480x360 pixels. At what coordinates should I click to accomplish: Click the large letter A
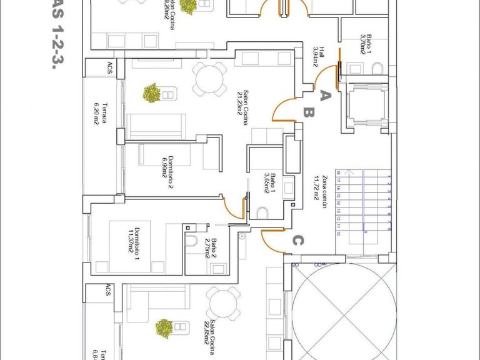(x=324, y=96)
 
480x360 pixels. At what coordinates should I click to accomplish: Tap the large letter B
(x=308, y=113)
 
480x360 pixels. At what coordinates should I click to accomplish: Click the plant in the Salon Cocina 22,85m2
(x=164, y=327)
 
